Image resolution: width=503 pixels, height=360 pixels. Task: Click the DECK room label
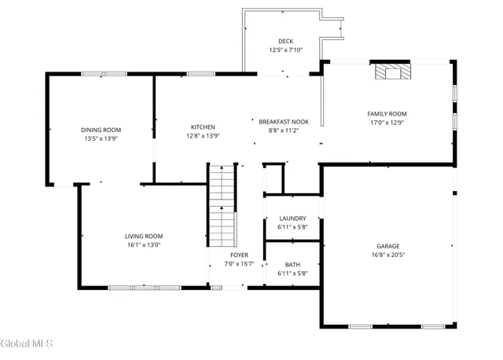point(285,41)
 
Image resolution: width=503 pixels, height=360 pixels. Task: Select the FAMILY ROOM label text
point(387,114)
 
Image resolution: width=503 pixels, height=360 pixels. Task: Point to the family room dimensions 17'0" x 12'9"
point(387,123)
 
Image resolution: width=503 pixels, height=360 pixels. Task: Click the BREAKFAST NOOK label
point(279,122)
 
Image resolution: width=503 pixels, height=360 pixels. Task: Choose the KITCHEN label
point(203,127)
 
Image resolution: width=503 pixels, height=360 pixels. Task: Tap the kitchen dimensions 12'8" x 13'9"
point(203,136)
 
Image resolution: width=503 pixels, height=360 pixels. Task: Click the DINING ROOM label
point(106,130)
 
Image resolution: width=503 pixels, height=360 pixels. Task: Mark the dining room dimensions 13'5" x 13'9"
point(106,138)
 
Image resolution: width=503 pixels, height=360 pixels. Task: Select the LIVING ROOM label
point(144,236)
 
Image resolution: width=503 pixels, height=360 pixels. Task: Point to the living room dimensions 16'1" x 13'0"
point(144,244)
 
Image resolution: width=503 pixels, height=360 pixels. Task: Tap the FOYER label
point(240,255)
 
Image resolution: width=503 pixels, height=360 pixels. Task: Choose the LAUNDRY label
point(292,219)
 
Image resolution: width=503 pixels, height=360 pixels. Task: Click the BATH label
point(292,265)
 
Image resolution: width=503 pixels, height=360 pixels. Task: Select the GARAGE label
point(388,246)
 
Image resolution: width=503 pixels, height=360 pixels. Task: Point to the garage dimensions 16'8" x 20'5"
point(388,255)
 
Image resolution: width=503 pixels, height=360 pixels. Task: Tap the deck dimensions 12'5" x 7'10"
point(285,50)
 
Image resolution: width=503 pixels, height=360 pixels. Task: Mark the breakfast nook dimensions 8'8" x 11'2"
point(279,130)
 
